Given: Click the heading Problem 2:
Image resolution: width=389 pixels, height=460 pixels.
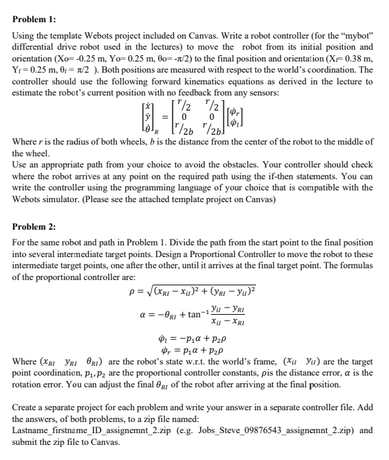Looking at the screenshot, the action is pos(31,226).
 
